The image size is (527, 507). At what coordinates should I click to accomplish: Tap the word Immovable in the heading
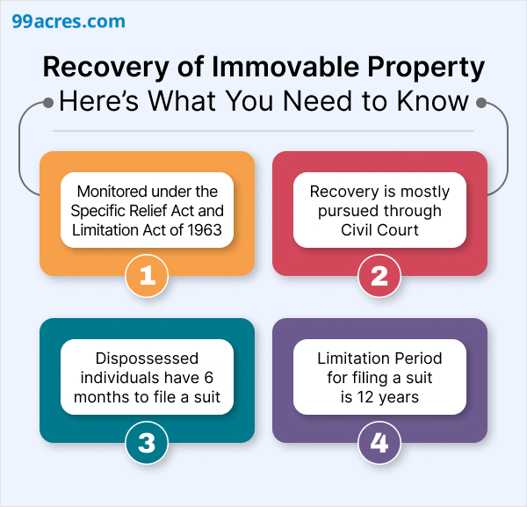262,67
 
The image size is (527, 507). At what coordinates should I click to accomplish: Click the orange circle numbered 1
148,276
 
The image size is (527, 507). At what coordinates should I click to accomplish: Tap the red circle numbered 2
379,276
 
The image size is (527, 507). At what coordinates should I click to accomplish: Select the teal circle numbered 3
148,443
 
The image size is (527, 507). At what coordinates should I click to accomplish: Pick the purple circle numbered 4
379,443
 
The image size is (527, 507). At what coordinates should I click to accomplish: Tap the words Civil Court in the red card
379,229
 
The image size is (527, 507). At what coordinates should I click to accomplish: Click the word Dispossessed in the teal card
148,359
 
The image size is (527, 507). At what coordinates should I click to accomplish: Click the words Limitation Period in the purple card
379,359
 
